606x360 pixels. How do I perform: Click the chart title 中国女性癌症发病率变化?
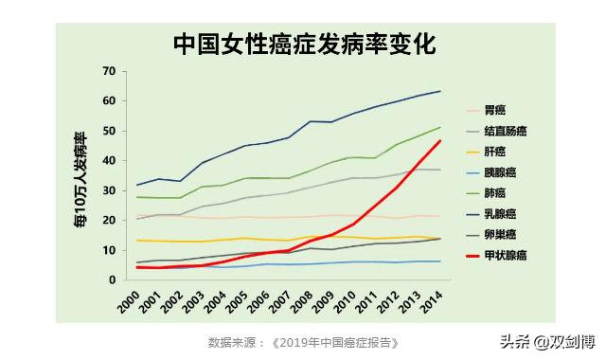pos(303,44)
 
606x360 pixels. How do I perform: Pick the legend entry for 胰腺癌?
pos(501,172)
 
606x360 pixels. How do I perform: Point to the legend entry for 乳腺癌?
pos(501,214)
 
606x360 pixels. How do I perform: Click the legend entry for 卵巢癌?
pos(501,235)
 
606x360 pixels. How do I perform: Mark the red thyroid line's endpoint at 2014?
pos(441,141)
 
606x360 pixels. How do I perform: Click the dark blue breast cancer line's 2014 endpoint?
pos(441,92)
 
